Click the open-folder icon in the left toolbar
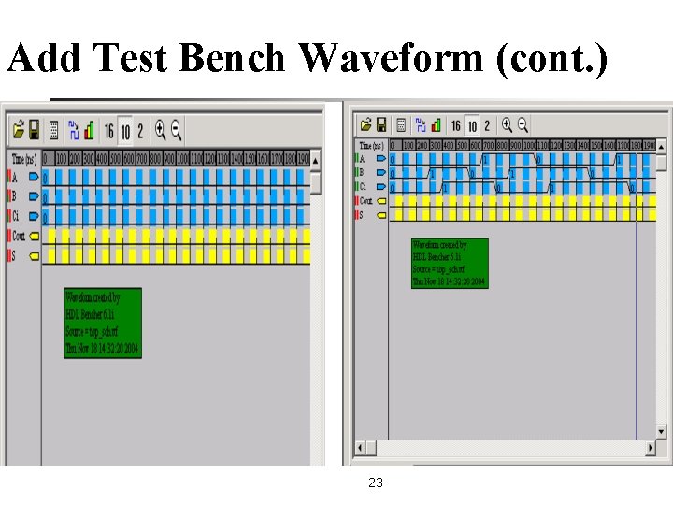pos(17,129)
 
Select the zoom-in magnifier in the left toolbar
pos(160,129)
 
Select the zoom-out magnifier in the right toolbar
pos(523,124)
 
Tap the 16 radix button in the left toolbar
pos(108,130)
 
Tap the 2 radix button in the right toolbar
pos(487,125)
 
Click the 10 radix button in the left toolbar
pos(124,130)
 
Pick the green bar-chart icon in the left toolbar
pos(89,130)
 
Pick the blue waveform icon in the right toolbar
pos(421,124)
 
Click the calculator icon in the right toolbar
pos(400,124)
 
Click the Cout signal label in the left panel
pos(19,236)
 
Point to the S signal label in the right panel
pos(362,215)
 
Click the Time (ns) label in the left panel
pos(24,159)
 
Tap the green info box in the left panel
pos(103,323)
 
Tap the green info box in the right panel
pos(450,263)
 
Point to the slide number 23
pos(376,483)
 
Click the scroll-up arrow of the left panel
pos(316,158)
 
